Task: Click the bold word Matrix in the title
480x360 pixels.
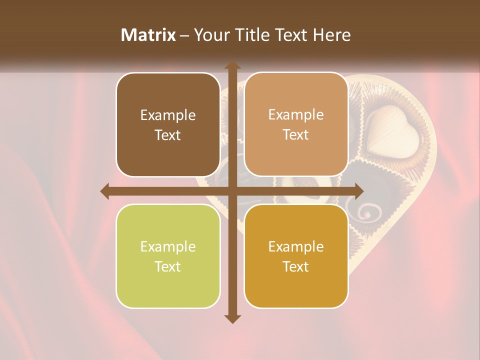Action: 148,34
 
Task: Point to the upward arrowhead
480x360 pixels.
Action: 232,66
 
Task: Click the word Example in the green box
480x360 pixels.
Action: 168,246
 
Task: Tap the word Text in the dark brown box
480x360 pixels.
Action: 168,135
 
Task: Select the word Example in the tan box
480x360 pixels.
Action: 296,114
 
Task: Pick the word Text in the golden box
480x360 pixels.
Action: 296,266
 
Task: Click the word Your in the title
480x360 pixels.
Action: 211,34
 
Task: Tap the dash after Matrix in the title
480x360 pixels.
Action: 184,35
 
